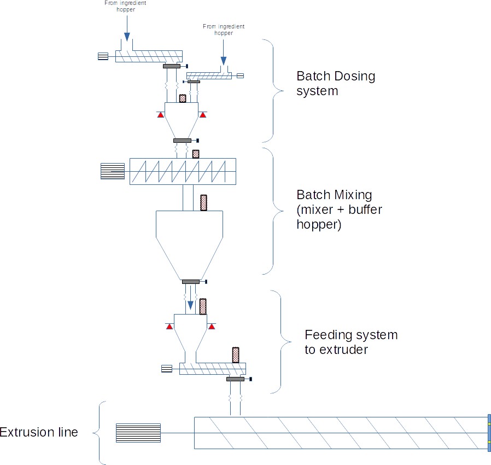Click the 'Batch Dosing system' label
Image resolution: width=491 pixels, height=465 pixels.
(x=335, y=83)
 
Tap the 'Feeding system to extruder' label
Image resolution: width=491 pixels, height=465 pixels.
(x=350, y=341)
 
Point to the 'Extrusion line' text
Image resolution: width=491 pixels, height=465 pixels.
(x=39, y=432)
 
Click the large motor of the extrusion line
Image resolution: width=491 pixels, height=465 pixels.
(x=138, y=433)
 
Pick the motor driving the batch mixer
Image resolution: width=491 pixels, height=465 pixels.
(x=113, y=171)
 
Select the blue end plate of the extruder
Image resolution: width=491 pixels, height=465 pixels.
(x=489, y=433)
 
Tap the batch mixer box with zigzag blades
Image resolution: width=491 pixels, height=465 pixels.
(x=183, y=171)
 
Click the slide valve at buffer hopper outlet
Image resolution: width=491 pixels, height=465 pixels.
(x=191, y=282)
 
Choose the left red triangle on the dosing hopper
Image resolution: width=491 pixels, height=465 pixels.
(x=161, y=115)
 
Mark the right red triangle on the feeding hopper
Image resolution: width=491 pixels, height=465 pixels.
(x=212, y=327)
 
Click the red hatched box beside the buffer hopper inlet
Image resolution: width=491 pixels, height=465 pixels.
(x=204, y=203)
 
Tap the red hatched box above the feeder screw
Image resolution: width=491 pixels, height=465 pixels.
(x=236, y=355)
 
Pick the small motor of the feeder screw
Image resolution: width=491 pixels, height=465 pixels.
(x=166, y=369)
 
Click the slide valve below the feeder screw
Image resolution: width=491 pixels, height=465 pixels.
(x=235, y=379)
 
